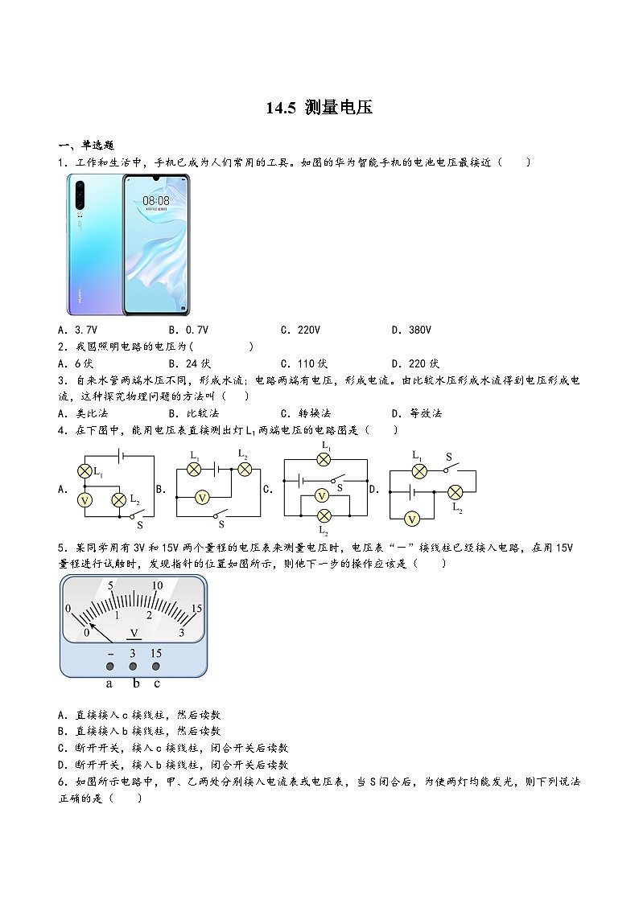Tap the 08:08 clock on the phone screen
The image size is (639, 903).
pos(156,201)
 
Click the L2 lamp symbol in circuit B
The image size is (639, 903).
pos(244,470)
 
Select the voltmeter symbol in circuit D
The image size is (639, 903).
pos(412,519)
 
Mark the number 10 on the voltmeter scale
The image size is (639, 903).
pos(158,585)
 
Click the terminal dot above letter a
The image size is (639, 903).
pos(109,667)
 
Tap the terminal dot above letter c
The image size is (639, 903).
pos(156,667)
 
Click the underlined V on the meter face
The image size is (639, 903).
pos(134,634)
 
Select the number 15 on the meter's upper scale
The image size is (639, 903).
pos(196,609)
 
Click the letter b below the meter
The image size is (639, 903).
pos(135,684)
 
